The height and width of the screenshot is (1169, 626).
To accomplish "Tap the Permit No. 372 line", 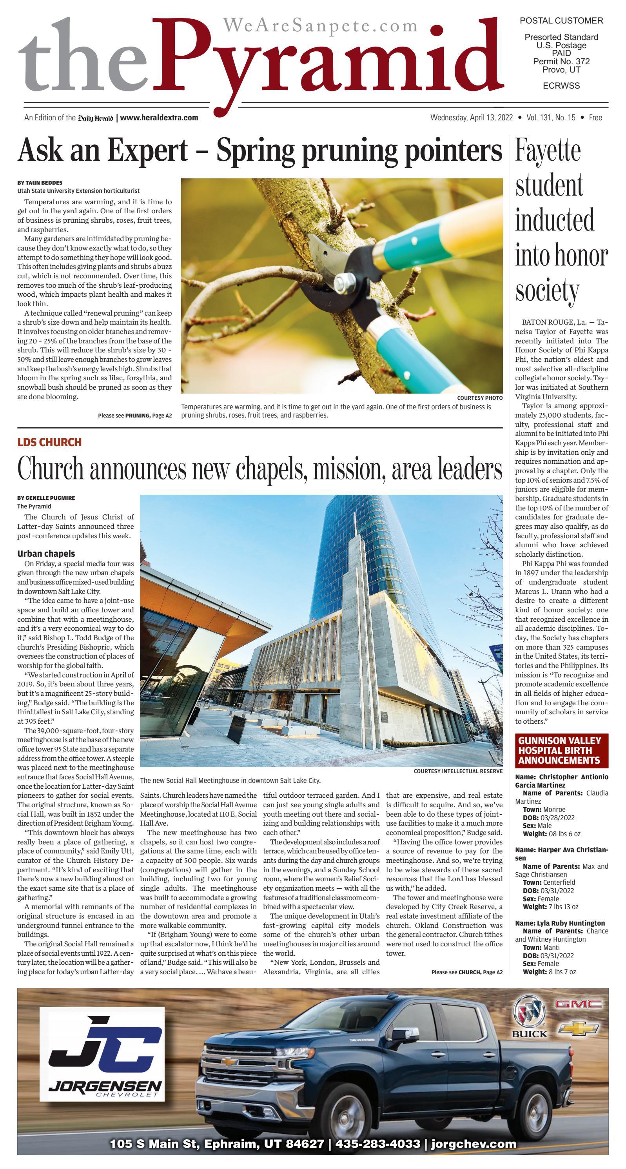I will pyautogui.click(x=561, y=61).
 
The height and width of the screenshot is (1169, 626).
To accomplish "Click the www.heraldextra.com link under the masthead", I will pyautogui.click(x=159, y=118).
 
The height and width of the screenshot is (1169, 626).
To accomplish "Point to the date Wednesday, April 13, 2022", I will pyautogui.click(x=471, y=118).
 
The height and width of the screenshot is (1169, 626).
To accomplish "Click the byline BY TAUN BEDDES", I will pyautogui.click(x=40, y=182).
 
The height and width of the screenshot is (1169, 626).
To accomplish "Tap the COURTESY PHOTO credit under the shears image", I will pyautogui.click(x=479, y=398).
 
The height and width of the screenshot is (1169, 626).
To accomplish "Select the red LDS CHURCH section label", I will pyautogui.click(x=49, y=442).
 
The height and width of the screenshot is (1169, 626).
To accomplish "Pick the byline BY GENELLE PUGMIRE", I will pyautogui.click(x=46, y=498).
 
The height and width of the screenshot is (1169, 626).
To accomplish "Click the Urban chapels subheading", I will pyautogui.click(x=46, y=554).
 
